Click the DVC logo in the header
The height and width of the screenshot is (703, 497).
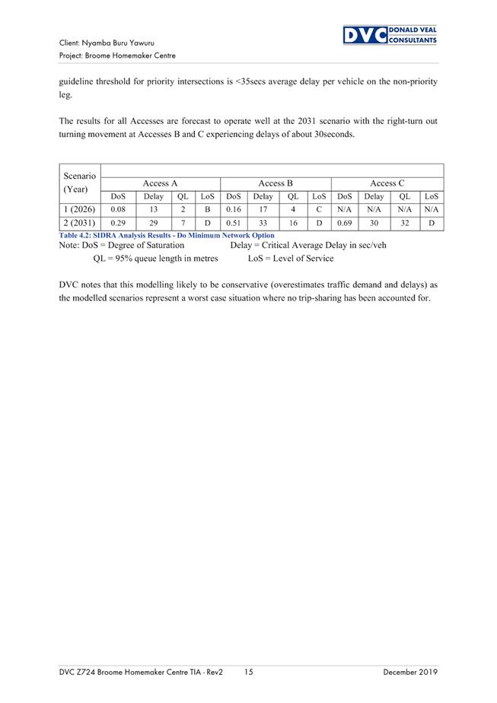(390, 35)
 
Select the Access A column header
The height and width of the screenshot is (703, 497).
(160, 183)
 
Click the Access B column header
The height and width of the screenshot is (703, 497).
(276, 183)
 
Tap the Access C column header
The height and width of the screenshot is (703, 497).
(387, 183)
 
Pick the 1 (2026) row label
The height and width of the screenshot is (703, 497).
(79, 209)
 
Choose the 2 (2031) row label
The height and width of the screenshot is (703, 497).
(79, 224)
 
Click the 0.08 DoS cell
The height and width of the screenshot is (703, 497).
(118, 209)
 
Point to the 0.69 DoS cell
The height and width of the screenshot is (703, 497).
(346, 224)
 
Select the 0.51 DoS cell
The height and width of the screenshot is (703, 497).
(234, 224)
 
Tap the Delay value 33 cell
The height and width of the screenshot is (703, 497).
(263, 224)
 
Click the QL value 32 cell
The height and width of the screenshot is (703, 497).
(404, 224)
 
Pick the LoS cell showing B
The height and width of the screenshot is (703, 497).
(207, 209)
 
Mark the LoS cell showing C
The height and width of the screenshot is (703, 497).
(319, 209)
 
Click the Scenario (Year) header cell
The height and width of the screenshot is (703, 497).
(79, 183)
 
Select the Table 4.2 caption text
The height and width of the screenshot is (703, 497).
(166, 236)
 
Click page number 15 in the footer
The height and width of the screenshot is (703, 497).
(250, 673)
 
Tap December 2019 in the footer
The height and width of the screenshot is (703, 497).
(410, 673)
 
